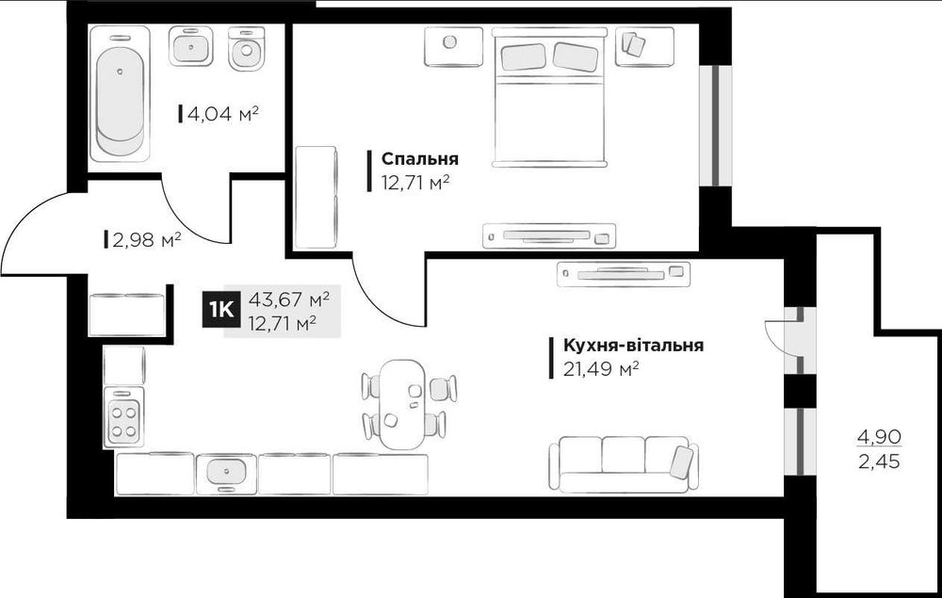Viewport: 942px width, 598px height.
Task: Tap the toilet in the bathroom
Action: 248,48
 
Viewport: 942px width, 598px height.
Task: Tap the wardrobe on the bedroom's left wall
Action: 316,197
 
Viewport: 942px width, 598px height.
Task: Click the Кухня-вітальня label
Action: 633,346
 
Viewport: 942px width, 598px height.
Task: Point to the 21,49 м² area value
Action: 601,368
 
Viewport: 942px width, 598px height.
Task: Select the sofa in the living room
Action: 624,462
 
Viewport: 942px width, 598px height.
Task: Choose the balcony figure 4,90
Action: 878,436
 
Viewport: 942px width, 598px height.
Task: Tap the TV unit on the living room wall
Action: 624,274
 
